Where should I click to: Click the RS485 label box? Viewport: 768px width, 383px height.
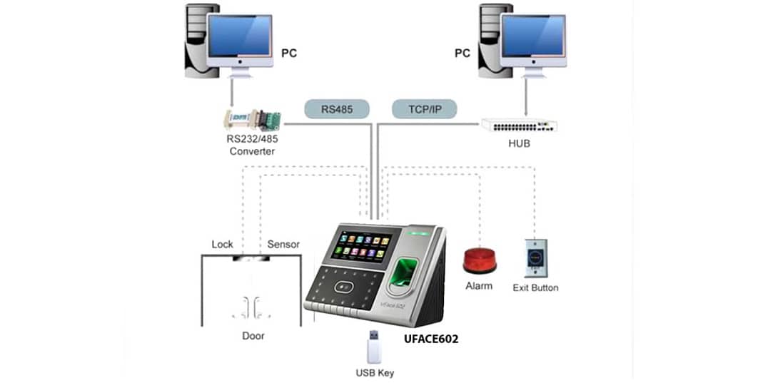point(337,109)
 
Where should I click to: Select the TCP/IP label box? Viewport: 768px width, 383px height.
point(424,109)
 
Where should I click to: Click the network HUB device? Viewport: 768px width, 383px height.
point(518,125)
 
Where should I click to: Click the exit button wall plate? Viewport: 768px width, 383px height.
point(535,257)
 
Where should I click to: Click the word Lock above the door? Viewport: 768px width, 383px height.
point(223,245)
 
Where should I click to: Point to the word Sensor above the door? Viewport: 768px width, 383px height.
point(283,245)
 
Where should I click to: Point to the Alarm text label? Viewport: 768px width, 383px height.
point(478,286)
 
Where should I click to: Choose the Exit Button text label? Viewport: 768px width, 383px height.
point(535,288)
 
